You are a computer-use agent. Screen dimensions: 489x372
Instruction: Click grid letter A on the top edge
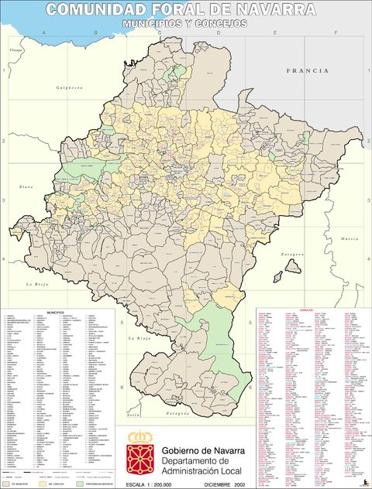(x=43, y=33)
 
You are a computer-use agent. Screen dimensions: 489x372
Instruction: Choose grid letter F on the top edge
(x=335, y=33)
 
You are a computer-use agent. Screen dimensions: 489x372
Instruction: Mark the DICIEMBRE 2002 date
(x=225, y=484)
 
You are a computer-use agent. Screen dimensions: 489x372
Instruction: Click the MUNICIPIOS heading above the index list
(x=54, y=312)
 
